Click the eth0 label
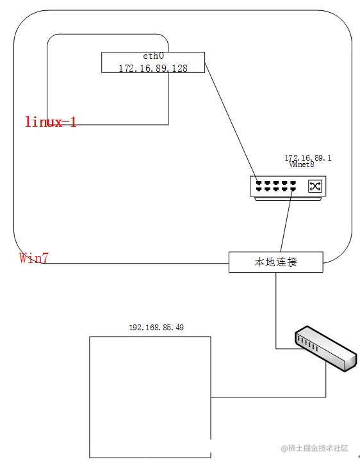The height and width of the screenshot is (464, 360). tap(152, 56)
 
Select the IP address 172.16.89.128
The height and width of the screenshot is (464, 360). tap(153, 68)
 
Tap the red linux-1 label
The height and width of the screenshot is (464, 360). tap(51, 122)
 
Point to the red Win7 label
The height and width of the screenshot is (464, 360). tap(33, 258)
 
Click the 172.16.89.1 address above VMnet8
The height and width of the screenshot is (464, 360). tap(308, 157)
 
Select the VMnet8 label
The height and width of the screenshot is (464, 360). tap(302, 164)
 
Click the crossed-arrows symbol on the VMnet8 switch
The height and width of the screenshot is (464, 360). tap(315, 186)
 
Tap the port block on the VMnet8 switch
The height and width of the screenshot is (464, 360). tap(276, 186)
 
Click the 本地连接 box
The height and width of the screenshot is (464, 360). tap(276, 262)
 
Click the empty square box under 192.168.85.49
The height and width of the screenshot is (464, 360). tap(149, 397)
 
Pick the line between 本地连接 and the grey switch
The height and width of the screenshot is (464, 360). tap(276, 307)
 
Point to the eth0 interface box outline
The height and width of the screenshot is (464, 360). tap(102, 62)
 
